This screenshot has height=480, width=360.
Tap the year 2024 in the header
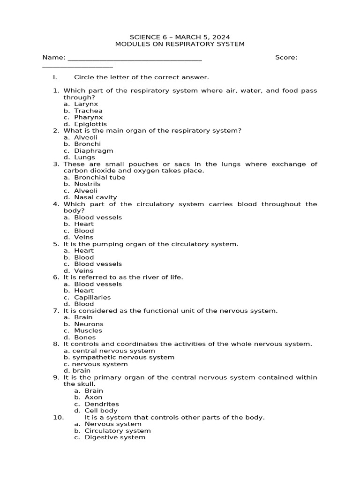tap(222, 37)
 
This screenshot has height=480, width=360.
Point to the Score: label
tap(286, 57)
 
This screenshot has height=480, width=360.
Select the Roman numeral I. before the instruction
tap(55, 77)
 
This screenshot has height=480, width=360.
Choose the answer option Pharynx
tap(88, 117)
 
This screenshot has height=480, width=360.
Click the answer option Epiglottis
tap(90, 124)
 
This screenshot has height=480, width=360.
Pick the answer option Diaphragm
tap(93, 151)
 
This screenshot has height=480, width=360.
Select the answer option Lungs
tap(84, 157)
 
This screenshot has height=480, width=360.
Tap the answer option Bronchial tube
tap(99, 177)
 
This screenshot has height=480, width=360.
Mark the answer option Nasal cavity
tap(95, 197)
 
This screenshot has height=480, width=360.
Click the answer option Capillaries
tap(92, 297)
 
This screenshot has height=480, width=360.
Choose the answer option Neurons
tap(89, 324)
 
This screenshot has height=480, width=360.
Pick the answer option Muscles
tap(88, 330)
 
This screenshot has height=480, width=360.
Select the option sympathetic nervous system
tap(123, 357)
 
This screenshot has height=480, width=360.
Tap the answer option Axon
tap(93, 397)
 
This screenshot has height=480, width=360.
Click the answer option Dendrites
tap(102, 404)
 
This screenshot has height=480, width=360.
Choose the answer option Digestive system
tap(115, 437)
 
